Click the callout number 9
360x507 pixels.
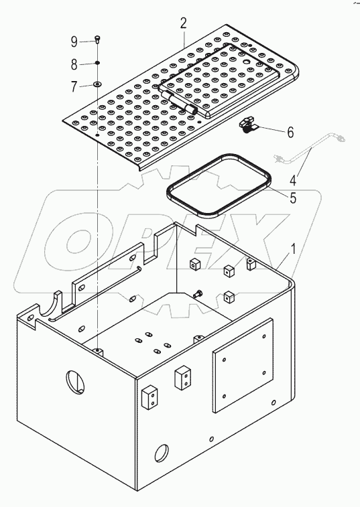pyautogui.click(x=75, y=42)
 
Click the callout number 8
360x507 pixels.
pyautogui.click(x=75, y=64)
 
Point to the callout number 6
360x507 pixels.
pyautogui.click(x=290, y=132)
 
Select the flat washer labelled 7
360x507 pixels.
pyautogui.click(x=98, y=85)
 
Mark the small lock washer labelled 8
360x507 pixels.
pyautogui.click(x=98, y=64)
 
